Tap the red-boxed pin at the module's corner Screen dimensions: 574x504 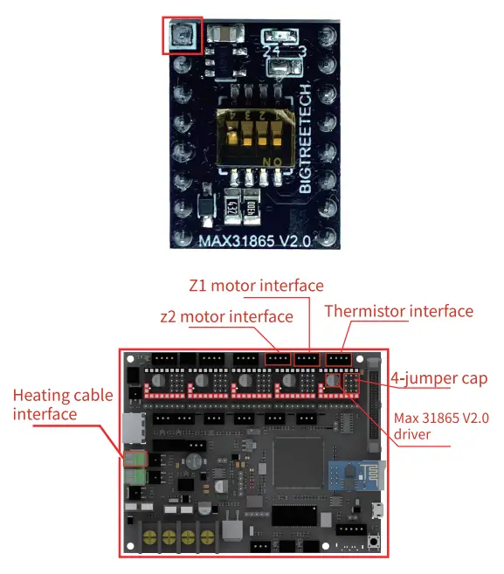click(x=182, y=35)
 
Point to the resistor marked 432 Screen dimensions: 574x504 click(x=233, y=204)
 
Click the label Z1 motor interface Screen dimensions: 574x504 click(x=256, y=286)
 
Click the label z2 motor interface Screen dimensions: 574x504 click(x=226, y=316)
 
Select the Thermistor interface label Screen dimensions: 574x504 click(x=398, y=311)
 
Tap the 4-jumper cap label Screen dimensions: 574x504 click(x=438, y=378)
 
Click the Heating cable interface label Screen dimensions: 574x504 click(x=62, y=404)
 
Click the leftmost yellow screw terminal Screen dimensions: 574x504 click(x=152, y=536)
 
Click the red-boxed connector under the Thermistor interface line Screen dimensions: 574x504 click(x=337, y=358)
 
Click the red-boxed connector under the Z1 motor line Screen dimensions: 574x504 click(x=307, y=358)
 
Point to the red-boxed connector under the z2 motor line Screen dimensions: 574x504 click(x=278, y=358)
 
